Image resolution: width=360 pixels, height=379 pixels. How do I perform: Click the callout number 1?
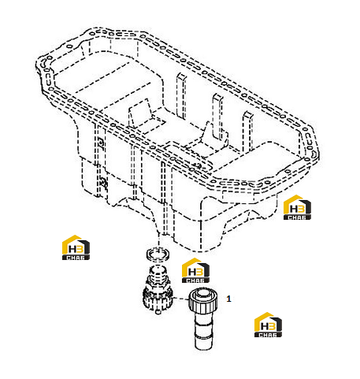pyautogui.click(x=228, y=299)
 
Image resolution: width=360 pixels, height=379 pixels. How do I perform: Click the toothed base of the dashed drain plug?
pyautogui.click(x=158, y=299)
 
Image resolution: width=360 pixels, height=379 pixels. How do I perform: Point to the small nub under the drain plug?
pyautogui.click(x=158, y=311)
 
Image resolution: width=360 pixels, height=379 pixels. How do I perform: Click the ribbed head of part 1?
pyautogui.click(x=203, y=301)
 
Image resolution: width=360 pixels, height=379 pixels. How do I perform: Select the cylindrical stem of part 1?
pyautogui.click(x=204, y=332)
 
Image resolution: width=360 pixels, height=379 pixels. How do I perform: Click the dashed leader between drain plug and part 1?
pyautogui.click(x=181, y=299)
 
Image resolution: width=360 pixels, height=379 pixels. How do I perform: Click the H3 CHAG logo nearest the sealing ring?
pyautogui.click(x=195, y=270)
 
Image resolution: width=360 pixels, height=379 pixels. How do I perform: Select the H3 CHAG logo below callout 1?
pyautogui.click(x=268, y=325)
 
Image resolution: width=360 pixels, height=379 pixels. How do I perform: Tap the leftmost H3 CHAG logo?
pyautogui.click(x=76, y=247)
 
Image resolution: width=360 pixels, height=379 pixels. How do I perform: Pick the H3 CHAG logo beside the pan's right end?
pyautogui.click(x=297, y=207)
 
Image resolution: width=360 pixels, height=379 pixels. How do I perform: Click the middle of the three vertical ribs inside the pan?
pyautogui.click(x=217, y=116)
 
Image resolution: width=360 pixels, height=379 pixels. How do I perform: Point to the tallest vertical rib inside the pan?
pyautogui.click(x=181, y=95)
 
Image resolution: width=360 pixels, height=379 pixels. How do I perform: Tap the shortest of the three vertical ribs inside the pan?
pyautogui.click(x=247, y=132)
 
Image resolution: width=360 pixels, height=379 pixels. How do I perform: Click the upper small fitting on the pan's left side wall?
pyautogui.click(x=101, y=142)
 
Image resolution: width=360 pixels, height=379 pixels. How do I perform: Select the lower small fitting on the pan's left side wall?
pyautogui.click(x=104, y=181)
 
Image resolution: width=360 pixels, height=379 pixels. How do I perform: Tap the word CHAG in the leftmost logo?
pyautogui.click(x=76, y=258)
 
